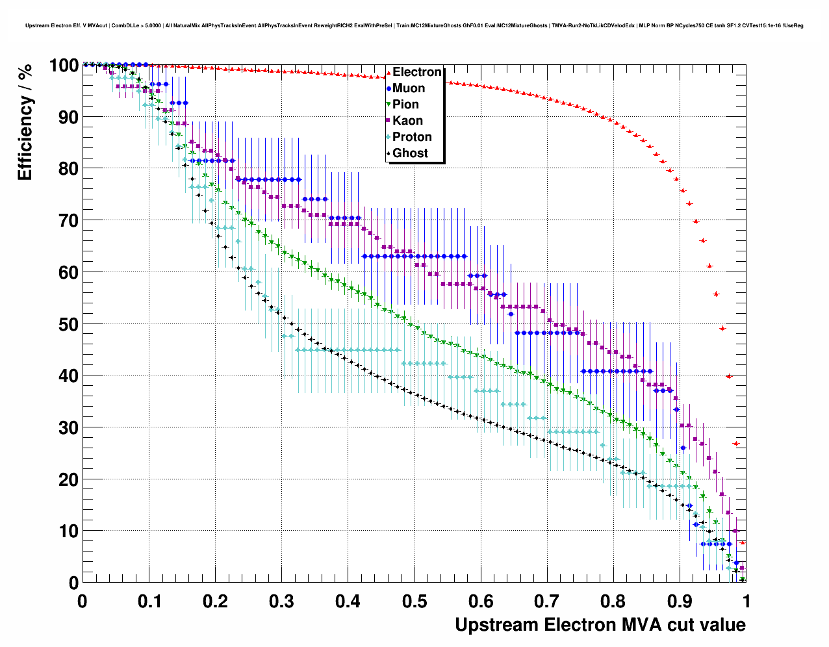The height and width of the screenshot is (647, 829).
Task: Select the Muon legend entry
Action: tap(409, 88)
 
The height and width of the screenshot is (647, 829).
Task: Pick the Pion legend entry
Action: tap(405, 105)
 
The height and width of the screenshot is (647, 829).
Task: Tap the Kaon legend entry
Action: tap(407, 121)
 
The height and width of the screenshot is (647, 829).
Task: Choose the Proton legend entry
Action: tap(412, 137)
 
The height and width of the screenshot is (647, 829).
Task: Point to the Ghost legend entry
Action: tap(410, 153)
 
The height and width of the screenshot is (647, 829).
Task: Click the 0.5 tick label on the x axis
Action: tap(414, 602)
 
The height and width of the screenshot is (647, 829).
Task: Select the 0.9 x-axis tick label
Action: tap(680, 602)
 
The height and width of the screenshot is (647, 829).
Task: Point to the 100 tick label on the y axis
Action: tap(63, 66)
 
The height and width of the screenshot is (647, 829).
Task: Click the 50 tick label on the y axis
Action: tap(68, 324)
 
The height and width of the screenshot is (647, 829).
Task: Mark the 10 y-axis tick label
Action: tap(68, 531)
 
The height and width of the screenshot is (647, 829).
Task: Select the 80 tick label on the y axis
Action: tap(68, 169)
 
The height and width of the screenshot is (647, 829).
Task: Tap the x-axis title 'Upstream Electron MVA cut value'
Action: tap(600, 625)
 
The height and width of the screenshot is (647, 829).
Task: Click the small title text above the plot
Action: tap(414, 25)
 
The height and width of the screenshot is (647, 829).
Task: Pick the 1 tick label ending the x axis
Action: tap(746, 602)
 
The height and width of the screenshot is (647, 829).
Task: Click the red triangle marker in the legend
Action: tap(389, 72)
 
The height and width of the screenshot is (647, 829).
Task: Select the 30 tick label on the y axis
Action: tap(68, 428)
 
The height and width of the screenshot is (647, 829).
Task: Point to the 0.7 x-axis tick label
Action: tap(547, 602)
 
